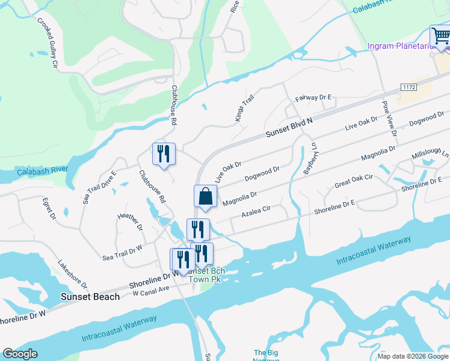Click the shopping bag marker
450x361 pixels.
point(205,197)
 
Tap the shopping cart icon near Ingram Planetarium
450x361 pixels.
point(440,37)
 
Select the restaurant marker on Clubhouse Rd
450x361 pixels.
point(164,155)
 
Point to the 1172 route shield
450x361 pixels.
point(409,88)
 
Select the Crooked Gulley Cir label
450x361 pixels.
point(47,42)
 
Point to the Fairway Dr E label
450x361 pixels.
point(313,97)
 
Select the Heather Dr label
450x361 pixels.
point(130,220)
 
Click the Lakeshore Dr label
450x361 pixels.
point(73,274)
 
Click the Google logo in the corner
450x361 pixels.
point(20,354)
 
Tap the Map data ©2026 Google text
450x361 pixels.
point(412,356)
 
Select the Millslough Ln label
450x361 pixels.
point(430,155)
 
